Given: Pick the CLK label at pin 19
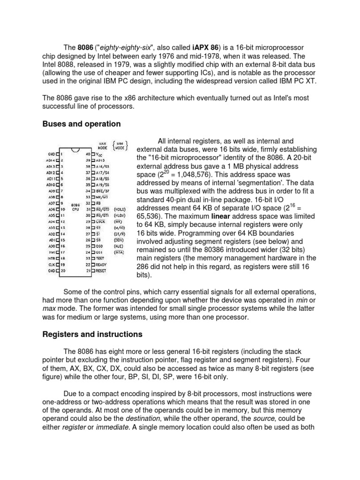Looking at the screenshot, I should [x=51, y=264].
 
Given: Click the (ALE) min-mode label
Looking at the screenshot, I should [x=118, y=245].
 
